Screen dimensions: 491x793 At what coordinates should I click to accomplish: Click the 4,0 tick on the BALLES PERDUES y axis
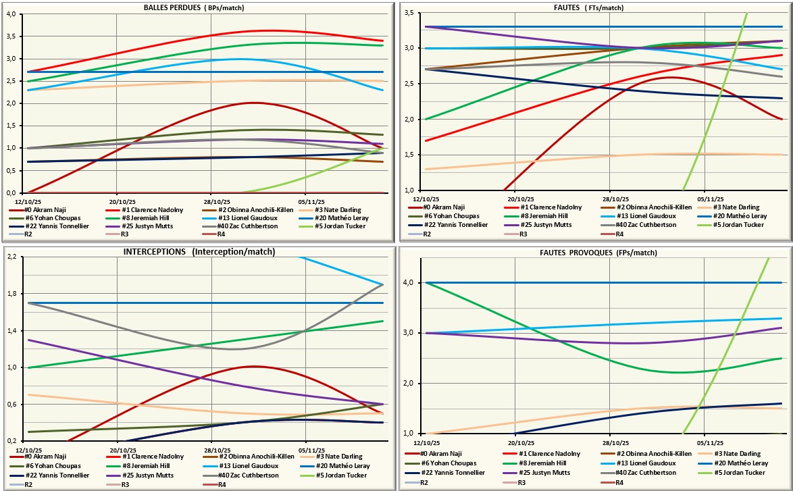[x=12, y=14]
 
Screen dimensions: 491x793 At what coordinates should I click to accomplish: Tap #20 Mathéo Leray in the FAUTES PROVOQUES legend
[x=740, y=463]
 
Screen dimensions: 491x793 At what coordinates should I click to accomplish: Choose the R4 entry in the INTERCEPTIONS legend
[x=220, y=484]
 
